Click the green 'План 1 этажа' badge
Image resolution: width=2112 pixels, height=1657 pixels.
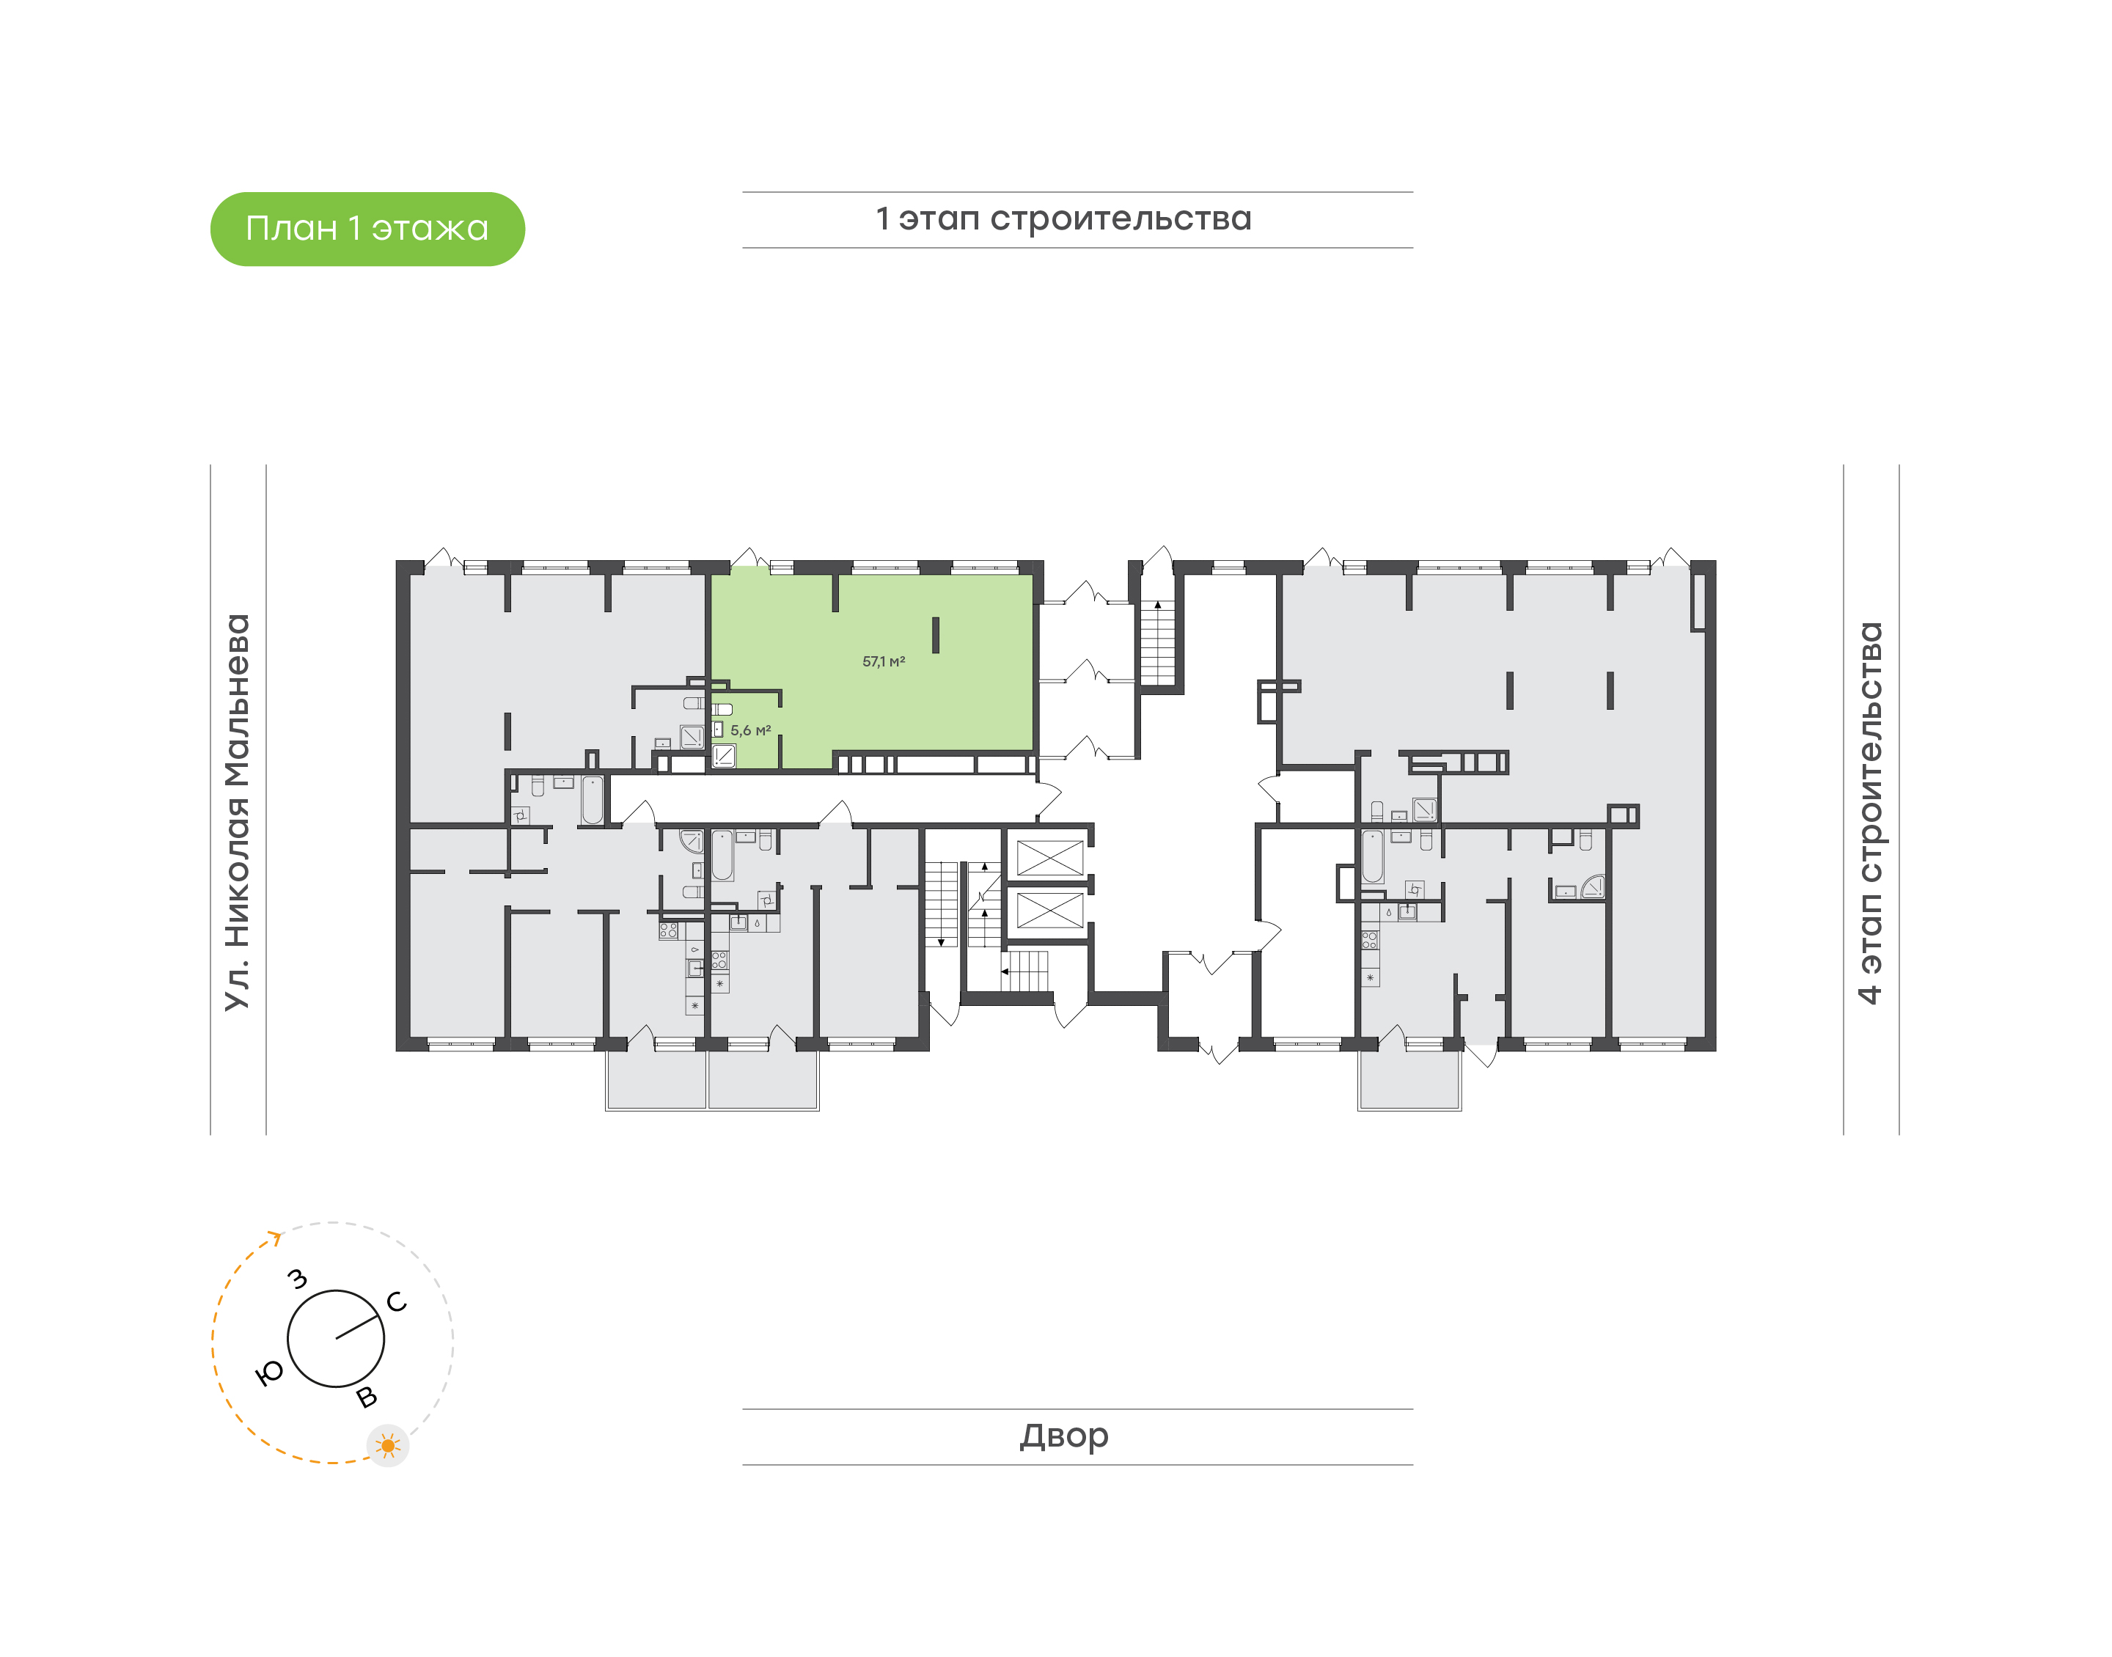point(367,229)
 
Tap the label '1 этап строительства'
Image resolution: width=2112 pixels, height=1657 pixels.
point(1063,219)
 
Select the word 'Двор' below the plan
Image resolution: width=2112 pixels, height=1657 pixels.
point(1063,1436)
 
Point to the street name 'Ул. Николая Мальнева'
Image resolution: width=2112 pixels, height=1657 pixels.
point(238,812)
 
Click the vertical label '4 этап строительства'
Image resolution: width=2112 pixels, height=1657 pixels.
point(1869,813)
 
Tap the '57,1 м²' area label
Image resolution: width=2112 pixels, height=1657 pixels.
point(884,661)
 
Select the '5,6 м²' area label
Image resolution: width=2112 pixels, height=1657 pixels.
point(751,730)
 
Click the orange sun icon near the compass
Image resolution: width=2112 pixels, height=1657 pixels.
point(388,1446)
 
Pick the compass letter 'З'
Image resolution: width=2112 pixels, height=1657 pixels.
point(298,1279)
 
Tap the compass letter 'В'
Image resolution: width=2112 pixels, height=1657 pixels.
point(367,1397)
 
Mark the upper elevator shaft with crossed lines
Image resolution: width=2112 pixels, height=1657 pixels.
point(1049,859)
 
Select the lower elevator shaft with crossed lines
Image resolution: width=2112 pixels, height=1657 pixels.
point(1049,911)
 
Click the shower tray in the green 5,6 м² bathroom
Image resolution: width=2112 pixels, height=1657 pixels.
point(724,754)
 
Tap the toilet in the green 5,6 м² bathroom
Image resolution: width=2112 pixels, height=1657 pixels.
point(722,709)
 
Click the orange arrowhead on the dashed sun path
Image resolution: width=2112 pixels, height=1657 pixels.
point(276,1238)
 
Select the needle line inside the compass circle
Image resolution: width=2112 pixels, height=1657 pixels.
point(357,1328)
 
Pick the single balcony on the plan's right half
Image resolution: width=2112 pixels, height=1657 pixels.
point(1409,1080)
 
